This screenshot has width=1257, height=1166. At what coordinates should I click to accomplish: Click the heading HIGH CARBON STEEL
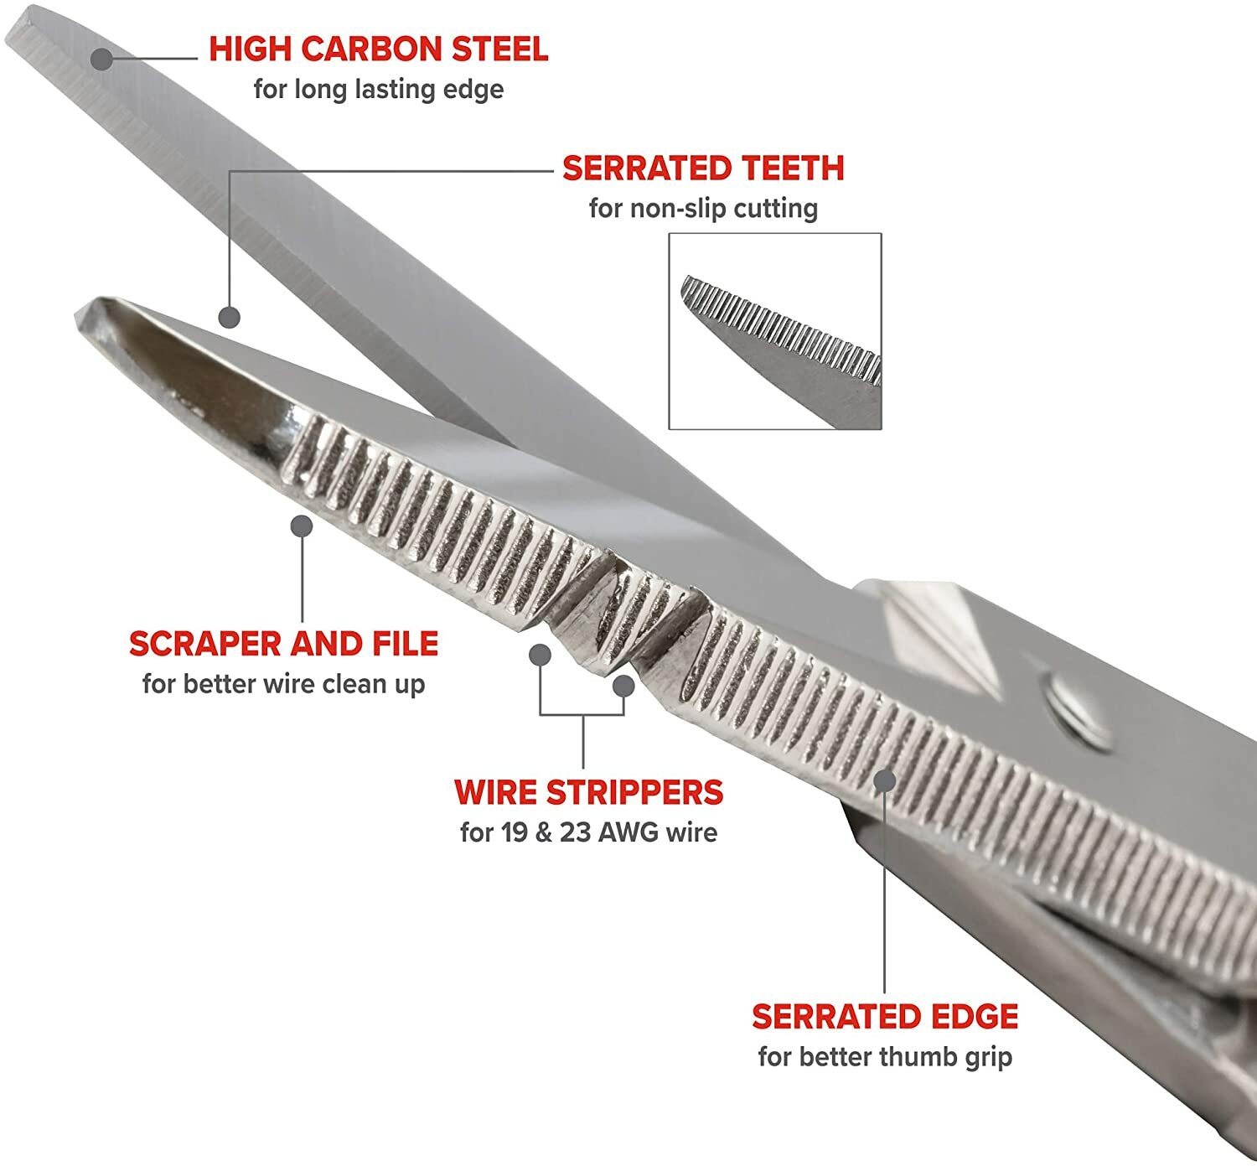click(x=378, y=49)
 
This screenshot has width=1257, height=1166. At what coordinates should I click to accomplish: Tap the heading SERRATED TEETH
click(x=702, y=168)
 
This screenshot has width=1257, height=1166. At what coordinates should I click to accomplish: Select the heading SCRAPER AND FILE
click(x=283, y=644)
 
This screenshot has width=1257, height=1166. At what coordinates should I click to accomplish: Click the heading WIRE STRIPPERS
click(x=588, y=792)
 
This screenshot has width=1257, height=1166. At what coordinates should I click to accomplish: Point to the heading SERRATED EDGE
click(x=884, y=1017)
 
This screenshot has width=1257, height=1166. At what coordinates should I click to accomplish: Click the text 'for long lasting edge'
click(x=378, y=89)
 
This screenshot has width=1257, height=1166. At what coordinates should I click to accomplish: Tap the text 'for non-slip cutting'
click(x=702, y=208)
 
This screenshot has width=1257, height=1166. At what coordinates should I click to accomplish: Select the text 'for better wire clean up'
click(x=283, y=684)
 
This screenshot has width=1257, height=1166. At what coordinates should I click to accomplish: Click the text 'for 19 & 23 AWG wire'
click(x=588, y=832)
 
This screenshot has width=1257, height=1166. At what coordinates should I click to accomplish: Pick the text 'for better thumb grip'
click(x=884, y=1057)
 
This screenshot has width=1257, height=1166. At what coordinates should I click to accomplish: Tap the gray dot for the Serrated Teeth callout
click(x=229, y=318)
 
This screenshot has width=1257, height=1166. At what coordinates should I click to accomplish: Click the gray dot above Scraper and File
click(x=302, y=526)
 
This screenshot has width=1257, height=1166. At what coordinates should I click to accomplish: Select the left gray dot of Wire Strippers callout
click(x=541, y=655)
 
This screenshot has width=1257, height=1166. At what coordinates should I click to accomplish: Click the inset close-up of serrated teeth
click(x=774, y=331)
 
